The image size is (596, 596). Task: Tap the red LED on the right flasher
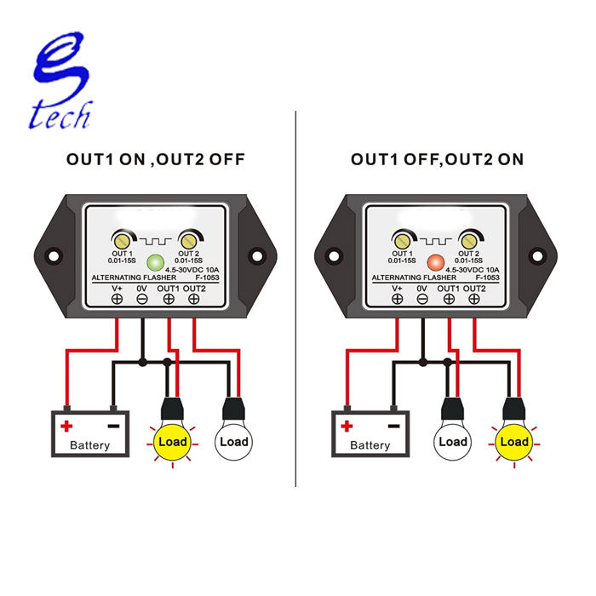436,262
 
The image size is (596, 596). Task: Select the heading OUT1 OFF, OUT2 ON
437,159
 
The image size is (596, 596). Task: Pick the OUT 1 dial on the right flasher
401,239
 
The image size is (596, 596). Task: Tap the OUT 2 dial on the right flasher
468,239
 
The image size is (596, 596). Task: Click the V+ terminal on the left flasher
117,301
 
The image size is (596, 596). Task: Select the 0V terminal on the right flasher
422,301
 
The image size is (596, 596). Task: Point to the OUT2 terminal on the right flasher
473,301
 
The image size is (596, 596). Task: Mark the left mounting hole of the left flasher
54,255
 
